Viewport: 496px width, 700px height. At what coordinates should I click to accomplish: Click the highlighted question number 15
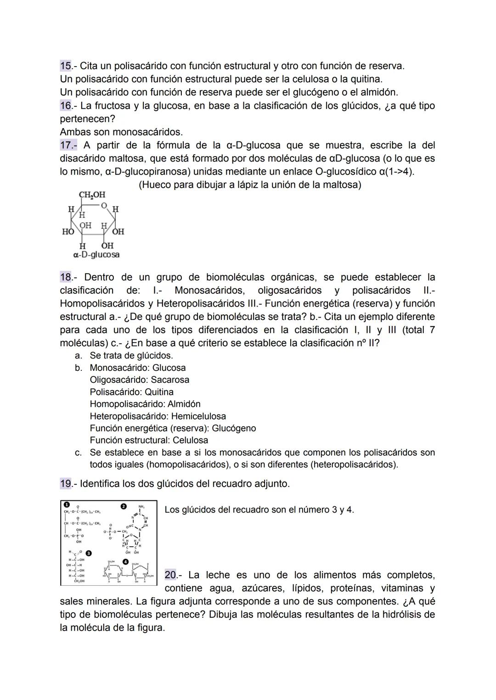pyautogui.click(x=66, y=66)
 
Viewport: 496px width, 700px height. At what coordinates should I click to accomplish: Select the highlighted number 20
pyautogui.click(x=170, y=575)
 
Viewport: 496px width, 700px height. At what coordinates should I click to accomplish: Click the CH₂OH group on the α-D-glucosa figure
pyautogui.click(x=92, y=195)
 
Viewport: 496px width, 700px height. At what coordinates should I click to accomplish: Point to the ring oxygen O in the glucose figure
pyautogui.click(x=104, y=205)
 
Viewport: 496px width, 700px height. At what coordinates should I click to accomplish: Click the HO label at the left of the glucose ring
pyautogui.click(x=68, y=232)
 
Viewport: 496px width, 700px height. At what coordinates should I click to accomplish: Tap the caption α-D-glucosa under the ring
pyautogui.click(x=96, y=254)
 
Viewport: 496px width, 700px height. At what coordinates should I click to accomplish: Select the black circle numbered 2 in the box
pyautogui.click(x=123, y=506)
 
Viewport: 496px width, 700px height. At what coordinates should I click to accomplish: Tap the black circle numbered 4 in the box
pyautogui.click(x=125, y=562)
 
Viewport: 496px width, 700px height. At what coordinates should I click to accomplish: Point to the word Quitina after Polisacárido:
pyautogui.click(x=159, y=392)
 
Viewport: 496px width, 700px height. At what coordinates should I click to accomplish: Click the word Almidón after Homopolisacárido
pyautogui.click(x=184, y=404)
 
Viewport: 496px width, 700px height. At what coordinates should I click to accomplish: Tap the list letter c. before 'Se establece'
pyautogui.click(x=79, y=453)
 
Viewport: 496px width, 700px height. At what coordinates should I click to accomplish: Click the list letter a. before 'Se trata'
pyautogui.click(x=79, y=356)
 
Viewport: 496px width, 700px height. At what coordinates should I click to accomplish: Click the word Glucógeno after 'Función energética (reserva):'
pyautogui.click(x=234, y=428)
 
